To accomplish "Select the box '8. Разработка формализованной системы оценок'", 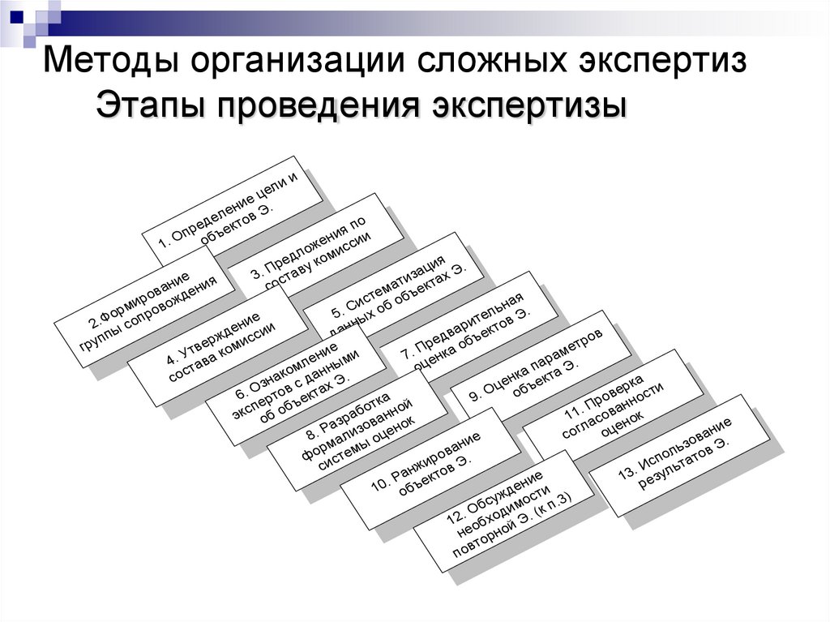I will (357, 430).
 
